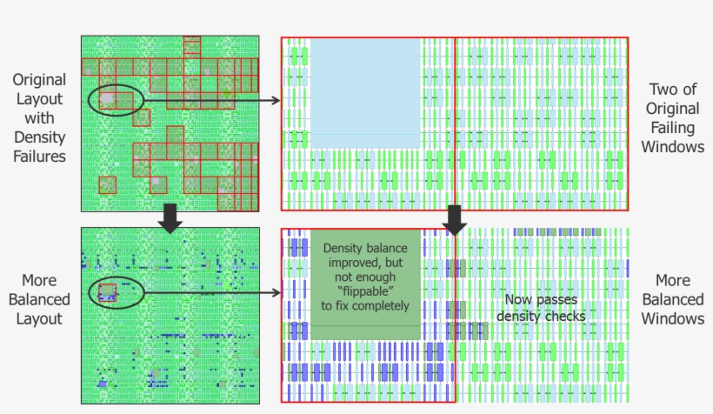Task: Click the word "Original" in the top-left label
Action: point(39,80)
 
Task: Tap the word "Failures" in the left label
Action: point(39,157)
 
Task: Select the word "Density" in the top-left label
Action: point(39,137)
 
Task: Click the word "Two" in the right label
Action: point(662,90)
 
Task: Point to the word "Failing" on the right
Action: point(673,128)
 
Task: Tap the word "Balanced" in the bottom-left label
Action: point(39,300)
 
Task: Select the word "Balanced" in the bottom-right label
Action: point(673,300)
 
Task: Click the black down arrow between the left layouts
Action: point(171,219)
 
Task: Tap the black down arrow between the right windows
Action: point(455,219)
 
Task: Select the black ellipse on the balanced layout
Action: point(117,293)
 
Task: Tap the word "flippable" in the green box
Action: point(364,290)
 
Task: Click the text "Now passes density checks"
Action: point(540,308)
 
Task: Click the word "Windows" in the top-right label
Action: point(673,146)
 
